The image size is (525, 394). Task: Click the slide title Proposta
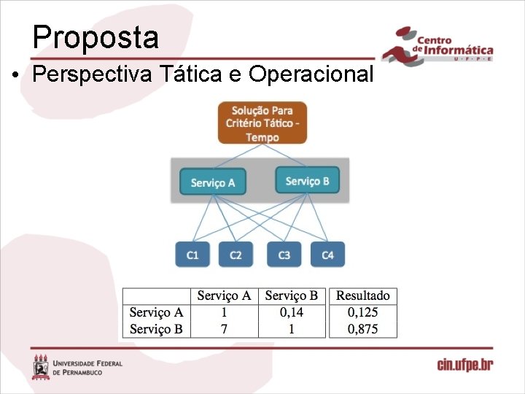(x=96, y=36)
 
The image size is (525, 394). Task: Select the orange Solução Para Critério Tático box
(x=262, y=123)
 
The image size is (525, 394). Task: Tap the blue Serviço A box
(x=212, y=182)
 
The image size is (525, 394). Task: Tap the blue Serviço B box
(x=307, y=181)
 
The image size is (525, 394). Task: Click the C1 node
(x=192, y=255)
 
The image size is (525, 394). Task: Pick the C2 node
(x=236, y=255)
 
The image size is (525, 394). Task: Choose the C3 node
(x=284, y=255)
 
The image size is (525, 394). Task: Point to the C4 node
(x=327, y=255)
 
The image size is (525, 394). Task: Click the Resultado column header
(x=362, y=295)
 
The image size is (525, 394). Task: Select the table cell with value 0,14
(x=291, y=312)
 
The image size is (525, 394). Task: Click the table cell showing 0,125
(x=362, y=312)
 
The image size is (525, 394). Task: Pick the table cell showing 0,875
(x=362, y=329)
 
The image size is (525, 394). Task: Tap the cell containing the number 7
(x=224, y=329)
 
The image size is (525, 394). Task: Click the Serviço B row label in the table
(x=156, y=329)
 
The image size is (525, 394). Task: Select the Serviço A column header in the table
(x=224, y=295)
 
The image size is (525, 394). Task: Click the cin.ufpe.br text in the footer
(x=464, y=365)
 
